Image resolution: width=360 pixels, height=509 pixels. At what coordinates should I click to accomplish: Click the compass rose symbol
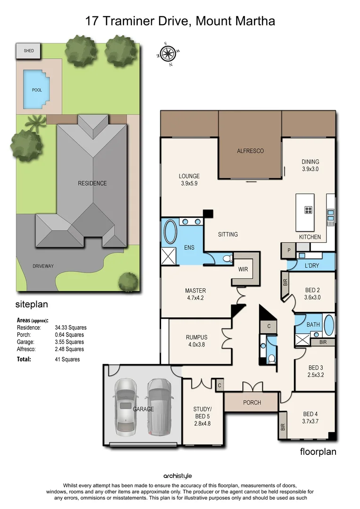point(167,53)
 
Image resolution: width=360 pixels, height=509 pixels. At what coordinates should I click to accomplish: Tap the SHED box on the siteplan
point(29,51)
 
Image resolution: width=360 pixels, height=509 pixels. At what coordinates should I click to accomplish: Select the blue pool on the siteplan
point(36,89)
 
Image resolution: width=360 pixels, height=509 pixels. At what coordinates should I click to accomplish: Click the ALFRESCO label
point(250,151)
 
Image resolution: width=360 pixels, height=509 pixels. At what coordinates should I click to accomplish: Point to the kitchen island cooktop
point(309,211)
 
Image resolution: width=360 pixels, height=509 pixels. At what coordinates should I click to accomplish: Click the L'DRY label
point(312,266)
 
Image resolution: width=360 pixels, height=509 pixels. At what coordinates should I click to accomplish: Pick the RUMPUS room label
point(196,337)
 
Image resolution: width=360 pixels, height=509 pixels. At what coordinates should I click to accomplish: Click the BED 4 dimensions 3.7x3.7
point(311,422)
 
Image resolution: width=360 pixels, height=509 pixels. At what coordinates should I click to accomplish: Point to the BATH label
point(313,325)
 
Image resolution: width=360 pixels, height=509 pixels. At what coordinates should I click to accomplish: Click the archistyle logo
point(178,476)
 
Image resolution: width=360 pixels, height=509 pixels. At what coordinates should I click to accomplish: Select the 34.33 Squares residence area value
point(71,328)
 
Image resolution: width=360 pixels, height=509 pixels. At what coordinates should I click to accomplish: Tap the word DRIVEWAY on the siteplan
point(43,266)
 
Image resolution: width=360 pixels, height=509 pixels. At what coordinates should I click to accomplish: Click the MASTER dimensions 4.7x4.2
point(195,298)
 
